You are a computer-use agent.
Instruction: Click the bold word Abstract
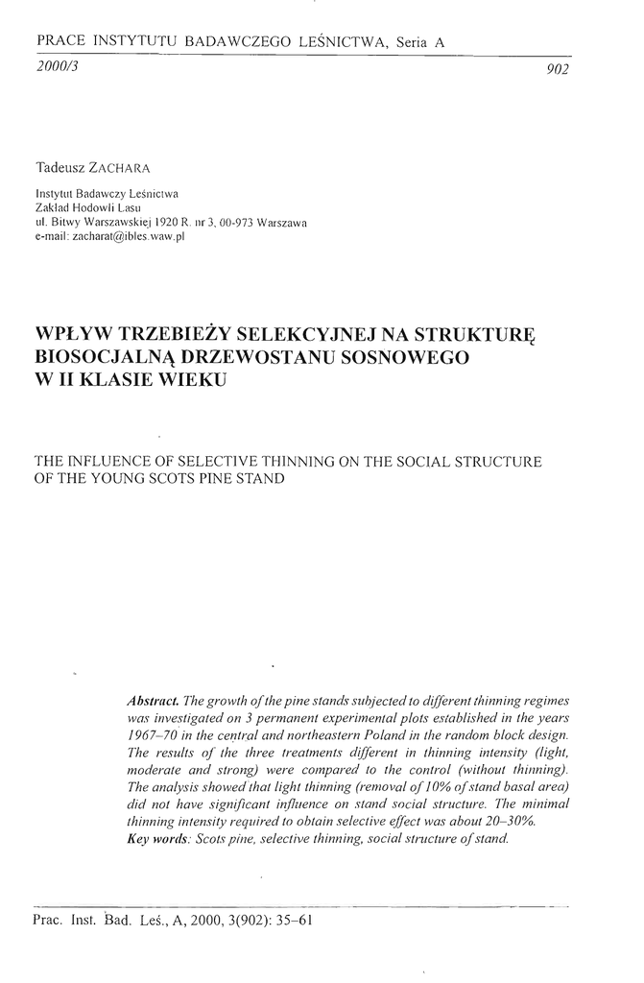(x=152, y=699)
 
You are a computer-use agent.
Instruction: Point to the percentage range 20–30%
(x=507, y=824)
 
